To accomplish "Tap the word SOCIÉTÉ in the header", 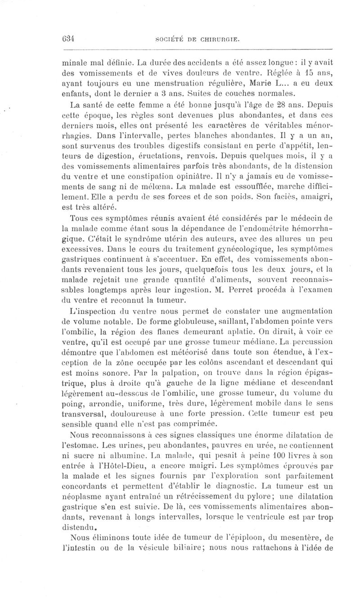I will (x=170, y=40).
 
